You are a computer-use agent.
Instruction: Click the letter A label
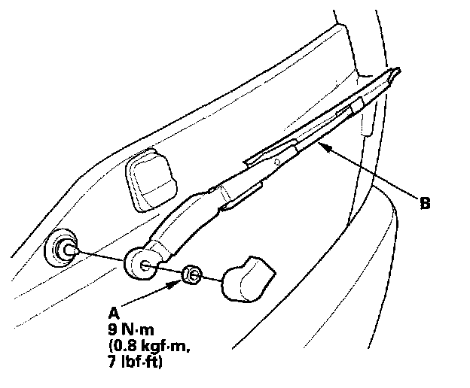coord(113,312)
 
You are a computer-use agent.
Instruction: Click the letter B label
coord(426,202)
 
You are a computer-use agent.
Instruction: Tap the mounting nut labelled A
coord(191,275)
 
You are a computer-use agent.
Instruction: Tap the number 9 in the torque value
coord(113,329)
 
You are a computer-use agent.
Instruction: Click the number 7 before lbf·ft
coord(112,364)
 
